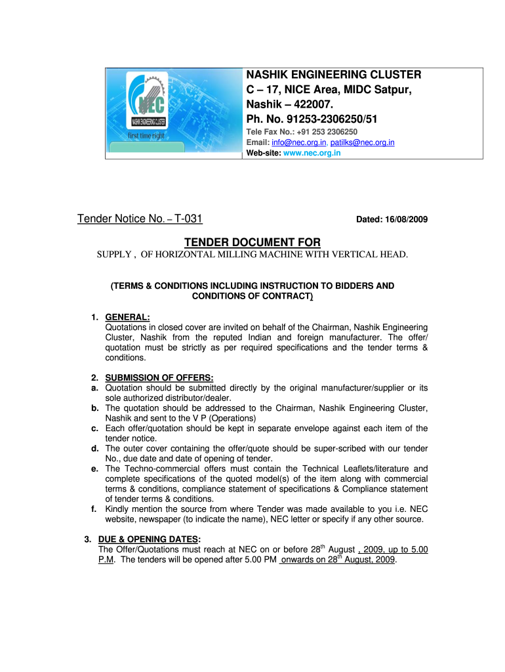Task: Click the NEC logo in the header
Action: click(x=149, y=102)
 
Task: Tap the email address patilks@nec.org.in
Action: click(x=362, y=142)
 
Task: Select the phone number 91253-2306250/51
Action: click(x=321, y=119)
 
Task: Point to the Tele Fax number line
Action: click(x=302, y=132)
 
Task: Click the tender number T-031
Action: click(x=192, y=219)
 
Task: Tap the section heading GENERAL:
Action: click(x=128, y=318)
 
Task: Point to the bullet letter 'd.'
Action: click(x=96, y=448)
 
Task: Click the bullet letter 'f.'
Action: click(x=96, y=509)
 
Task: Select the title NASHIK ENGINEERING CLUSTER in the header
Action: click(x=333, y=75)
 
